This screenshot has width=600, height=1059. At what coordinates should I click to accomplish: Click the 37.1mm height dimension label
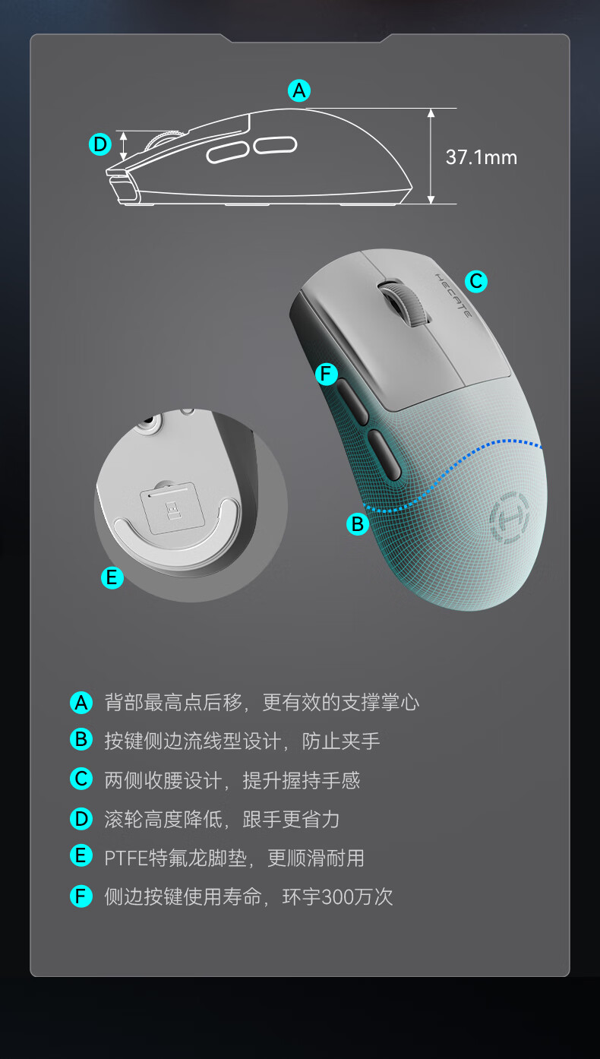point(482,157)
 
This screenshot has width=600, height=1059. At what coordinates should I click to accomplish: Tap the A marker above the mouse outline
point(299,90)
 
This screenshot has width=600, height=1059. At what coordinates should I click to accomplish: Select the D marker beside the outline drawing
point(100,144)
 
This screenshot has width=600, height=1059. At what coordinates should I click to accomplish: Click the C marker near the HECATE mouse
point(476,281)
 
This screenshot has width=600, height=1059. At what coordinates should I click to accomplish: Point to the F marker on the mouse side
point(327,375)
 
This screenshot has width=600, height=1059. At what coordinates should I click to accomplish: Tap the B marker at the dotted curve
point(358,524)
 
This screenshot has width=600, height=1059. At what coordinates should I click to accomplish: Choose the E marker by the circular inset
point(112,577)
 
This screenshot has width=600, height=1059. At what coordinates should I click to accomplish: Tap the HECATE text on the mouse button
point(453,296)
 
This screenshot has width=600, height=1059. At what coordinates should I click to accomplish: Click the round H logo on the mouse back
point(510,517)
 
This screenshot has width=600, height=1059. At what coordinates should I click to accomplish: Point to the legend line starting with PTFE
point(235,858)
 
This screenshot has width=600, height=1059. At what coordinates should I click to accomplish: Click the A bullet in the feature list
point(81,703)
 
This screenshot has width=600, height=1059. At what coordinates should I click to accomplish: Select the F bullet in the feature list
point(81,896)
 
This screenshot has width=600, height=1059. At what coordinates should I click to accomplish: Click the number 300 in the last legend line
point(336,897)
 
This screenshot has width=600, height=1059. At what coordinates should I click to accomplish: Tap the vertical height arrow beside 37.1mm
point(431,156)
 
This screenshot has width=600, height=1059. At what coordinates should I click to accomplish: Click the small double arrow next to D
point(123,146)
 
